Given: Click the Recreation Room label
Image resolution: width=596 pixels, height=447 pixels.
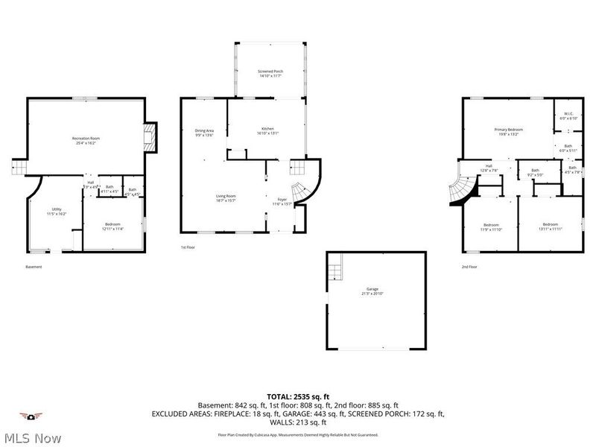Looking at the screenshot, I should coord(86,140).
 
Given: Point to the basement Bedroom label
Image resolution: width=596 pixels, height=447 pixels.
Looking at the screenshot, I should coord(112,226).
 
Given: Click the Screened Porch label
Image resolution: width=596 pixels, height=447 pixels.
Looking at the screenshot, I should coord(270,73).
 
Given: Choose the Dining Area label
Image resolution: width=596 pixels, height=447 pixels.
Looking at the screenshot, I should coord(204,133).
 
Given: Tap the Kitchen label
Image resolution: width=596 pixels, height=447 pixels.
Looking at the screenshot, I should coord(267,131).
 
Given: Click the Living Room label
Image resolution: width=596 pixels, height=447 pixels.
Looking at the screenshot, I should coord(226,197).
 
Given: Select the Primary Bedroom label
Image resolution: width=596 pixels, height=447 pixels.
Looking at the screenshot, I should coord(508,132).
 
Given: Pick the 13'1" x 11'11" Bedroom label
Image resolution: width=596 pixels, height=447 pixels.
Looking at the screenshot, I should coord(550,226).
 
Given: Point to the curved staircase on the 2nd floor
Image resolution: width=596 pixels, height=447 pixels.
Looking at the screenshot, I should coord(460,191).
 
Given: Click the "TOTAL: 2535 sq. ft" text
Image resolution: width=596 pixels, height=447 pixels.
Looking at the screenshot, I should coord(298,396).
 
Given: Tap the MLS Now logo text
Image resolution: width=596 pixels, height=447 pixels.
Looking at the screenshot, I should coord(31,438).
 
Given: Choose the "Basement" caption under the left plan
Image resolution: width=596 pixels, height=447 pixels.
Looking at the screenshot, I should coord(34,267).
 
